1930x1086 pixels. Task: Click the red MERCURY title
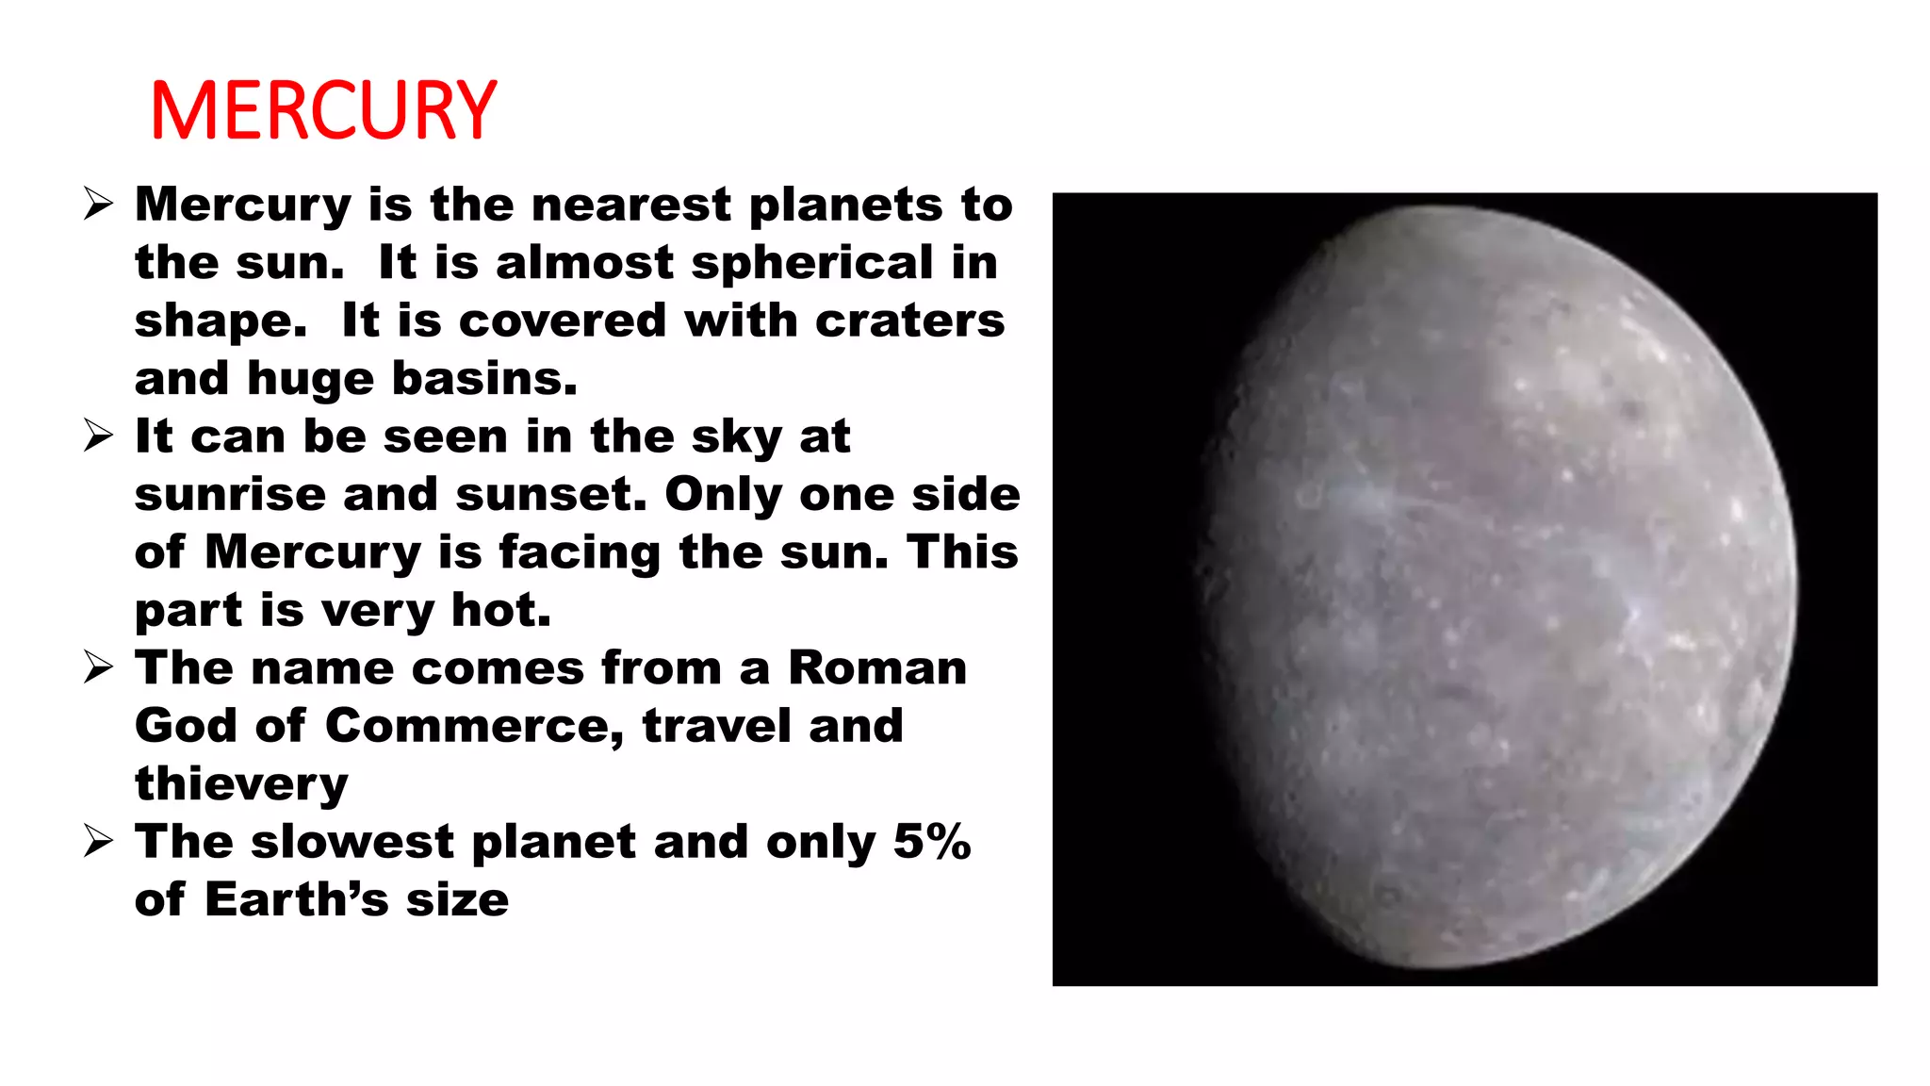tap(323, 110)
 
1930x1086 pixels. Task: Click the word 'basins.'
tap(483, 379)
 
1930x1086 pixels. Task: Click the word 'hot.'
tap(501, 610)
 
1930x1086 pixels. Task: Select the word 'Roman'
tap(877, 668)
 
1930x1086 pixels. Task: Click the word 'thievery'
tap(241, 785)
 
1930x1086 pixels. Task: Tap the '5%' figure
tap(931, 842)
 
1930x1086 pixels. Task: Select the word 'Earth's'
tap(296, 900)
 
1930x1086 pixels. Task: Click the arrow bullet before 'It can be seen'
tap(98, 436)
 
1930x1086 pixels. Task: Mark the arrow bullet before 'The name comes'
tap(98, 668)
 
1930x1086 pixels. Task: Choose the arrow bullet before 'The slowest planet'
tap(98, 841)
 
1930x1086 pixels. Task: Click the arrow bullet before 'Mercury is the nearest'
tap(98, 205)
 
